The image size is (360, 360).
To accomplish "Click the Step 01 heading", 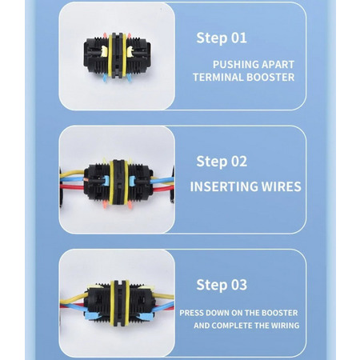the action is (x=222, y=38).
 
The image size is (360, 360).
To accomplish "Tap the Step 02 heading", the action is (x=222, y=162).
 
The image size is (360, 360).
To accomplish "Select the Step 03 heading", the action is (x=222, y=285).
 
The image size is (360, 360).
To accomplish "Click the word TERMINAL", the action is (x=218, y=78).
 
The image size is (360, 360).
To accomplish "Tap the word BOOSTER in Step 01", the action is (x=270, y=78).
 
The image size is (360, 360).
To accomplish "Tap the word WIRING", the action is (x=285, y=326).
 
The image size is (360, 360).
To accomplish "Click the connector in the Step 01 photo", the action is (x=118, y=56).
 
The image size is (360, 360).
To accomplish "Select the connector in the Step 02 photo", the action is (x=118, y=182).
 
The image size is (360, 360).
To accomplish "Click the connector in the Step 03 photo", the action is (x=120, y=303).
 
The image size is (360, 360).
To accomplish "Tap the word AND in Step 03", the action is (x=202, y=326).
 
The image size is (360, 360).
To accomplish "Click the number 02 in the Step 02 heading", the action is (x=239, y=162).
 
